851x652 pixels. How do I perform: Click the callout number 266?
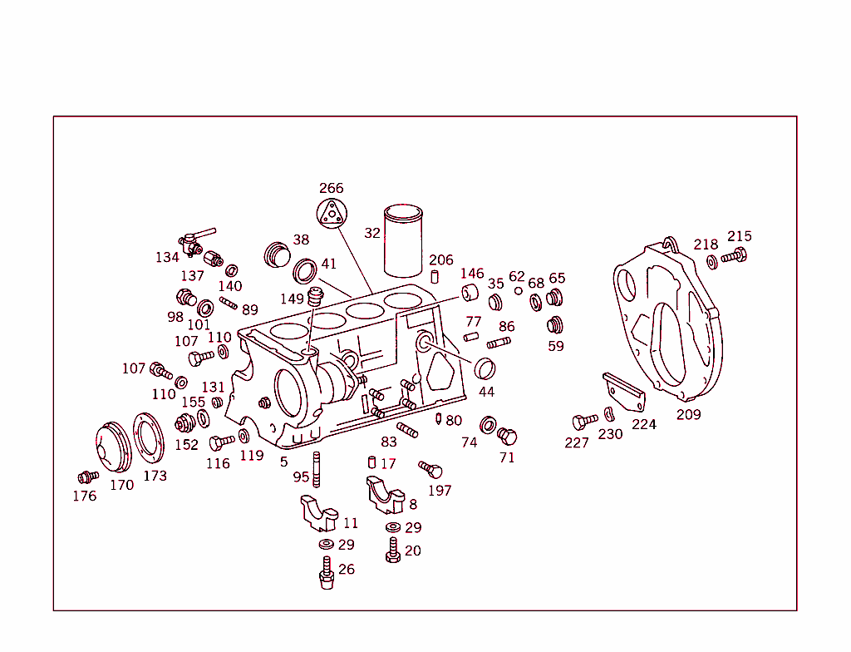coord(331,189)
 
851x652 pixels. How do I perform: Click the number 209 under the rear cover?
coord(688,414)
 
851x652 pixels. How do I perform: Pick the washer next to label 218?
coord(712,262)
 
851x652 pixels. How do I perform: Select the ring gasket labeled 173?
coord(150,442)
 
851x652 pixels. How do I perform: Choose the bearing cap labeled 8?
coord(386,496)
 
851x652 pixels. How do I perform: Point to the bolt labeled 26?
coord(327,573)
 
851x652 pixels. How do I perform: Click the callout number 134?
coord(167,258)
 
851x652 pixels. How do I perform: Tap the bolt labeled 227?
coord(583,422)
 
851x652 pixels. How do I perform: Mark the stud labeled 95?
coord(317,466)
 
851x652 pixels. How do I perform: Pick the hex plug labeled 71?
coord(506,436)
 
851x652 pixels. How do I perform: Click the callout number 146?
coord(471,274)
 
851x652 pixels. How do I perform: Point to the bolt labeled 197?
coord(430,470)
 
